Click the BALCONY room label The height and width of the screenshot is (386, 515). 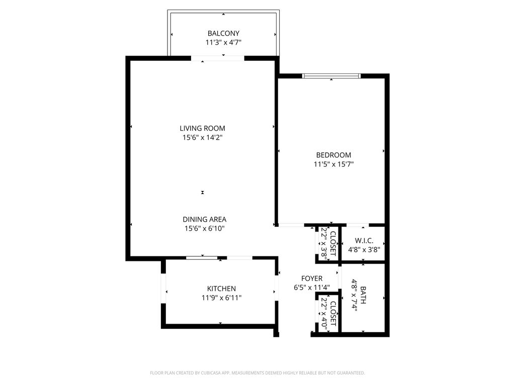point(223,34)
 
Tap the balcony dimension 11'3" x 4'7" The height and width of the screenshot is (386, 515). point(223,43)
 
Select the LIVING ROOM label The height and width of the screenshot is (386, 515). point(202,128)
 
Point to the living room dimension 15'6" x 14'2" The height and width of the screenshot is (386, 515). point(202,137)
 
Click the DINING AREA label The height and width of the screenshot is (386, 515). point(204,219)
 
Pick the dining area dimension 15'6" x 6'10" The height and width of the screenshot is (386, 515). point(204,228)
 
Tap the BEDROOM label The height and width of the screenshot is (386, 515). point(333,155)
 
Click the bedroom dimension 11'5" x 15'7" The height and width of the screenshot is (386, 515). point(333,164)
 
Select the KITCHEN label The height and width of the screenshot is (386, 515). point(221,288)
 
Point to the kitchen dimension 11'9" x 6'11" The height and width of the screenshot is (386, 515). point(221,298)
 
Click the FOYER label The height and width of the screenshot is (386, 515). point(312,278)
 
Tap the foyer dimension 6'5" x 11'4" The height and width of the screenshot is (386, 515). point(312,287)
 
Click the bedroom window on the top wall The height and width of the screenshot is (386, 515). point(331,76)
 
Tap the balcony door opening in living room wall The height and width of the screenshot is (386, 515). point(218,58)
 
